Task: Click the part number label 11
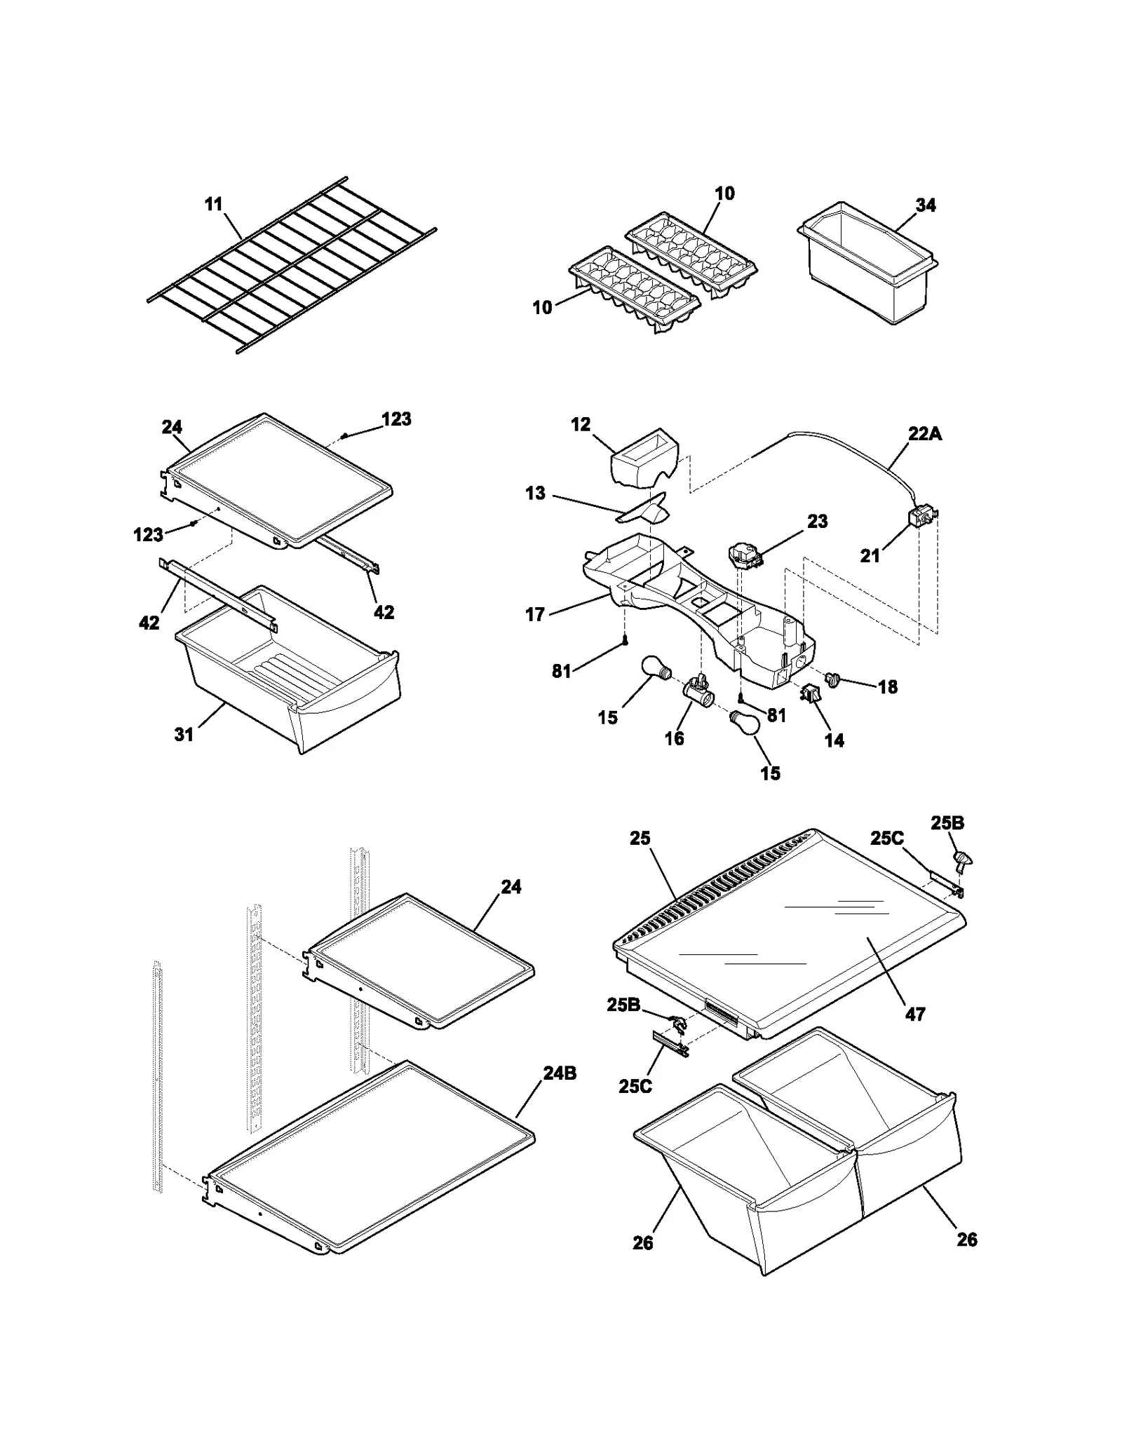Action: click(213, 204)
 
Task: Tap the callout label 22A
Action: click(925, 434)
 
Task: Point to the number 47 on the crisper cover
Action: click(915, 1014)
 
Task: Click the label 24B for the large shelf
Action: click(560, 1073)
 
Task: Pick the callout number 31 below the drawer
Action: click(184, 734)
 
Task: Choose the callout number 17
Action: click(535, 615)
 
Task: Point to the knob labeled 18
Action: click(833, 679)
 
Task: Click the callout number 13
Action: click(535, 494)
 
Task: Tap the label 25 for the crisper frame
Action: click(640, 839)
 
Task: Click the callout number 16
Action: click(674, 738)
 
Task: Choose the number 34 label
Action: click(926, 205)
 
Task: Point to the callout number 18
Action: click(888, 687)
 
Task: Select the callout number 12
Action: click(581, 425)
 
